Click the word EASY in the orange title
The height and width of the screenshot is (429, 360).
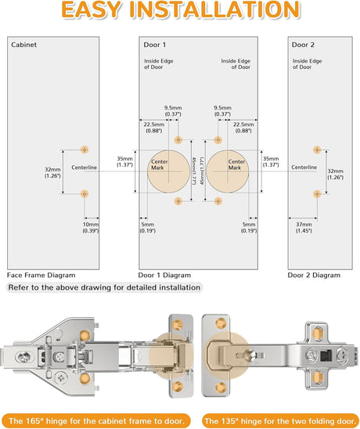click(92, 10)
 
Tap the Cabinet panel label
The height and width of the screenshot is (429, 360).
click(23, 45)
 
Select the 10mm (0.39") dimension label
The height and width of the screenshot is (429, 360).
click(91, 228)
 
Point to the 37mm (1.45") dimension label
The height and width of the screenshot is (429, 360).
click(304, 228)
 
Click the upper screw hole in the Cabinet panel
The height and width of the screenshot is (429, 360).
click(85, 150)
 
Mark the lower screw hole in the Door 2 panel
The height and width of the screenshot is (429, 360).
click(317, 193)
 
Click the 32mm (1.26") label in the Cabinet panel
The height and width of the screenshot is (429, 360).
click(52, 173)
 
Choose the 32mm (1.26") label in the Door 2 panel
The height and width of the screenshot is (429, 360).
click(336, 175)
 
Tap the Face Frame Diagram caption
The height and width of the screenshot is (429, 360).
click(41, 276)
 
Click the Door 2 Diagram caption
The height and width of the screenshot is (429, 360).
click(314, 276)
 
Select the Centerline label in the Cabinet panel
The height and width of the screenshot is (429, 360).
click(84, 168)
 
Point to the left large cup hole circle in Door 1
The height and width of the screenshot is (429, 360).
click(168, 171)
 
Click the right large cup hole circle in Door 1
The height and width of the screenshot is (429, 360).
click(228, 171)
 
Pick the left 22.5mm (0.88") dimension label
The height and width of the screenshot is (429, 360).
click(154, 128)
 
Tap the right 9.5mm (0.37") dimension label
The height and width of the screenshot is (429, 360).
click(223, 111)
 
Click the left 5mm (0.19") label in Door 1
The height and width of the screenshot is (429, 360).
click(148, 228)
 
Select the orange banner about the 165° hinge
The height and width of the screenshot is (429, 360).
click(95, 421)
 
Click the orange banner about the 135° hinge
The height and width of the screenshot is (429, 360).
click(281, 421)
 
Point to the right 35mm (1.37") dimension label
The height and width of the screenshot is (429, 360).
click(271, 162)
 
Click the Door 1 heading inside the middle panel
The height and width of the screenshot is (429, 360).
click(155, 45)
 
